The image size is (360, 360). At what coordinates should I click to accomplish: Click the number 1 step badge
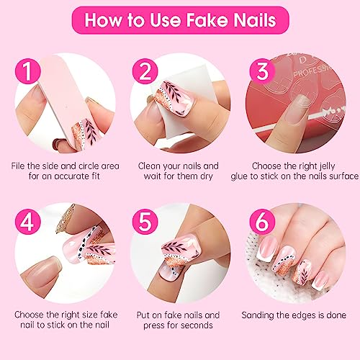pos(28,71)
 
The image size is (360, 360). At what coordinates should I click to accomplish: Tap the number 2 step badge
pos(145,71)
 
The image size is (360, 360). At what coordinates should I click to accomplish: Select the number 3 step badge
pos(262,71)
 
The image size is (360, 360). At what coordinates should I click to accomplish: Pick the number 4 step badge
pos(28,222)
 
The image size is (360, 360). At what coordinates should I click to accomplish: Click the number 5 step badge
pos(145,222)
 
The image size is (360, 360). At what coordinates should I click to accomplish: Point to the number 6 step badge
pos(262,222)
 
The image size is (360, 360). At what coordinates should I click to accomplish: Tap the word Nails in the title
pos(255,20)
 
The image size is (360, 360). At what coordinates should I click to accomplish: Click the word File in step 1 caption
pos(18,166)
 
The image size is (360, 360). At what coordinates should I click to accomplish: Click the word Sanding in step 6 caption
pos(258,315)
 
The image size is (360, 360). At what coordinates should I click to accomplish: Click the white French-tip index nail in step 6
pos(266,249)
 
